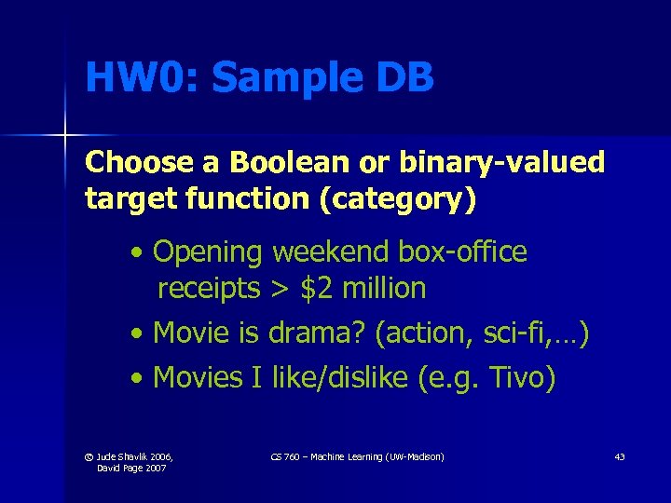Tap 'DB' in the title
pos(405,78)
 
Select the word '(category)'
pos(399,198)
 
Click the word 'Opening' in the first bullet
pos(208,251)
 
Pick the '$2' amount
pos(317,289)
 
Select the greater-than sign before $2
pos(280,290)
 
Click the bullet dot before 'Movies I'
pos(138,378)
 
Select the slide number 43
pos(619,456)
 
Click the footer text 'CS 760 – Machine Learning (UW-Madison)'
pos(356,456)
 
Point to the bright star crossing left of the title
pos(64,137)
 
